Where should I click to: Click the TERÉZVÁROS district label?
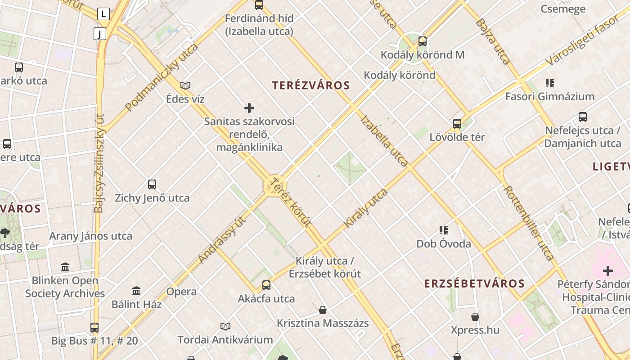[311, 85]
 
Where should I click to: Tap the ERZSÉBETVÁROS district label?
[475, 283]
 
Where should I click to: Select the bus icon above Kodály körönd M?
[422, 41]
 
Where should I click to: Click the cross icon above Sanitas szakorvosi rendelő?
[249, 108]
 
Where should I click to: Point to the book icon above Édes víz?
[185, 85]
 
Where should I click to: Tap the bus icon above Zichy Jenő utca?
[152, 184]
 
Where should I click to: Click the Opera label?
[181, 292]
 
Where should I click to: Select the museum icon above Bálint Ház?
[136, 291]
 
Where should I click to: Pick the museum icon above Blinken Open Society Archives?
[65, 267]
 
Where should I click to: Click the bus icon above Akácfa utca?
[266, 285]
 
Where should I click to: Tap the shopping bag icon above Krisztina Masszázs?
[323, 310]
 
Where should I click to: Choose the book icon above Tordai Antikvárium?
[225, 326]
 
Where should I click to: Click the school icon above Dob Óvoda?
[444, 230]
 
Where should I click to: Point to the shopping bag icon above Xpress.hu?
[475, 317]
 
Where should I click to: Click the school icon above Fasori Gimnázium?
[549, 83]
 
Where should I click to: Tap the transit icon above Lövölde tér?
[457, 123]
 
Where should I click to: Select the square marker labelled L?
[103, 14]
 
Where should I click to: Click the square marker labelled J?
[100, 34]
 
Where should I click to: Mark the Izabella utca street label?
[384, 141]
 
